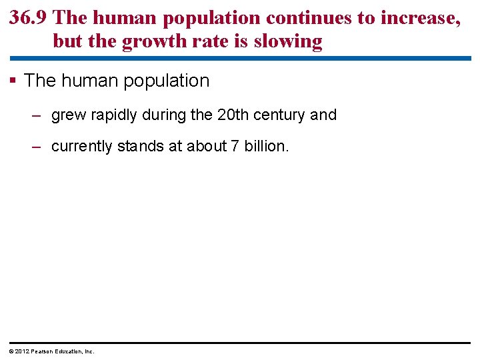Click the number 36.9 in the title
tap(28, 18)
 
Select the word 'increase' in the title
tap(419, 18)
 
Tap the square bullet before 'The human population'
tap(14, 81)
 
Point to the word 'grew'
tap(68, 115)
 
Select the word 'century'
tap(280, 115)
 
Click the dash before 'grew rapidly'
tap(37, 115)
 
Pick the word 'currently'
tap(81, 146)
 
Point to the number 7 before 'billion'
tap(234, 145)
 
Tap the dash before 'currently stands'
tap(37, 146)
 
